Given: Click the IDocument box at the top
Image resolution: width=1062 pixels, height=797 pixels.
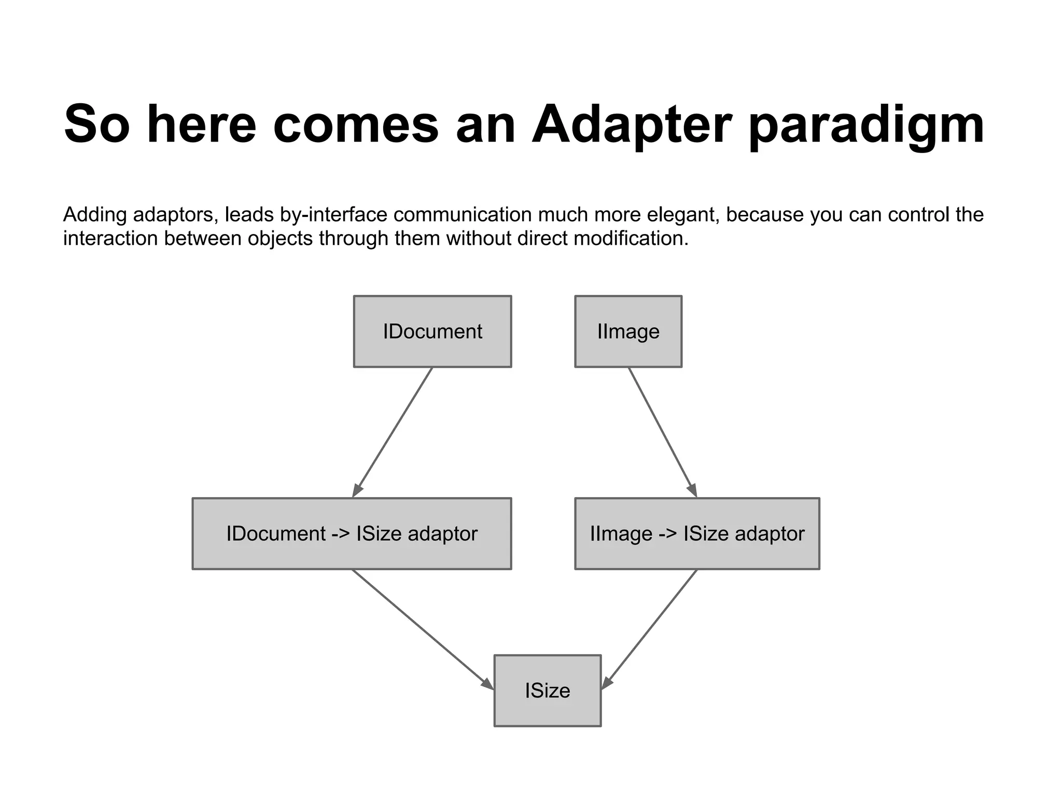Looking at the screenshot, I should click(x=432, y=332).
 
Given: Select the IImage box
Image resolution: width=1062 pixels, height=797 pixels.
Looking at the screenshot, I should click(x=628, y=332).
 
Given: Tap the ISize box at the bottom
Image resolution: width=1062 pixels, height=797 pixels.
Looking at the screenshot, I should click(x=547, y=691).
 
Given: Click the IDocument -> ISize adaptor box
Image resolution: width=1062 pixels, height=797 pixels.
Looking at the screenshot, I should click(x=352, y=533).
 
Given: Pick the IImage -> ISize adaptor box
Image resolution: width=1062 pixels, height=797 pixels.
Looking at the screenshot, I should click(x=697, y=533).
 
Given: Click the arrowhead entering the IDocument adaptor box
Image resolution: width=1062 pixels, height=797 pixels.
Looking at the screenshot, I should click(x=357, y=490).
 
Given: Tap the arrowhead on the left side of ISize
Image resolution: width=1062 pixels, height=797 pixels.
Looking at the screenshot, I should click(x=487, y=684).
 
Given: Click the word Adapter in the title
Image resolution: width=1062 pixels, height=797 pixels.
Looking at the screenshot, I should click(x=632, y=125).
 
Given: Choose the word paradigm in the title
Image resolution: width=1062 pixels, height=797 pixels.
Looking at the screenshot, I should click(x=866, y=125).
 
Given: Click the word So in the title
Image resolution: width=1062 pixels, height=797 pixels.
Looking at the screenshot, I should click(x=96, y=125).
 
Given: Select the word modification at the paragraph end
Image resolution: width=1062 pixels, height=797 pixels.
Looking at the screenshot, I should click(x=631, y=239).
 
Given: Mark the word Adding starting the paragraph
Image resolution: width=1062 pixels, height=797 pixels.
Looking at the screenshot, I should click(x=95, y=215).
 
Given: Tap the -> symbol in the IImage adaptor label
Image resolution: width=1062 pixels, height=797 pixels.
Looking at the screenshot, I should click(x=667, y=533).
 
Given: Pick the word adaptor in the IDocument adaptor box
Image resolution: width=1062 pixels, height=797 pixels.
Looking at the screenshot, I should click(x=442, y=533).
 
